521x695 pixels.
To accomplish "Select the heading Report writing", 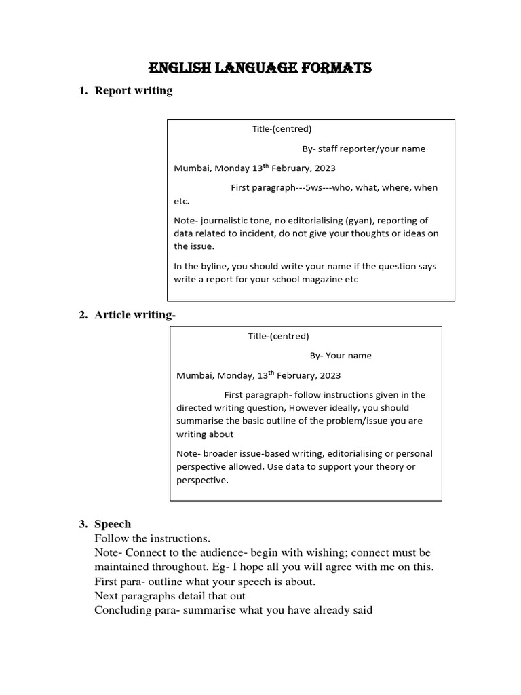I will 134,90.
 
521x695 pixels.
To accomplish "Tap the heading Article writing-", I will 136,314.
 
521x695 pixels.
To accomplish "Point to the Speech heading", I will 113,524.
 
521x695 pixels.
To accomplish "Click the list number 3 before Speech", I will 82,524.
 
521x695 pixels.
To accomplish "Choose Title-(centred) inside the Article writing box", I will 278,336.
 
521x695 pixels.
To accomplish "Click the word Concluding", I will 123,610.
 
